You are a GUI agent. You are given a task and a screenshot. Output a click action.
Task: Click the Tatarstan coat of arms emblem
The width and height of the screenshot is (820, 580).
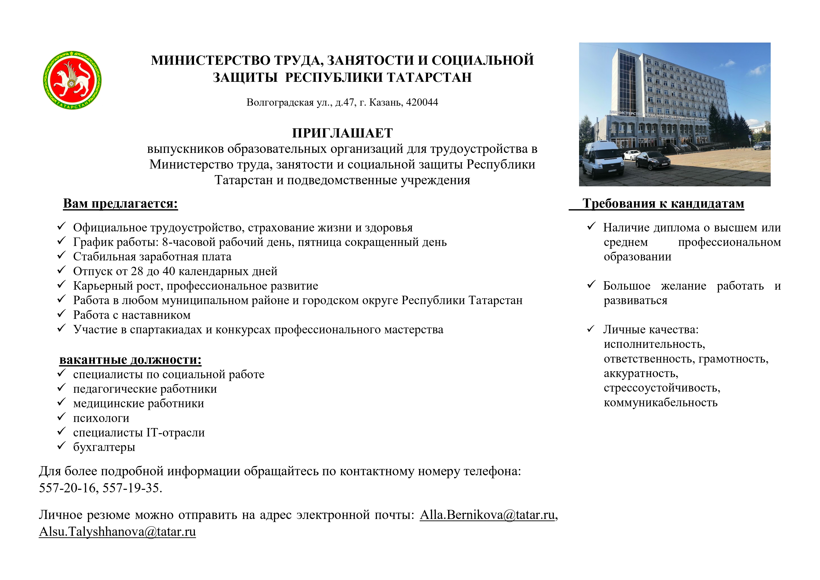(x=72, y=80)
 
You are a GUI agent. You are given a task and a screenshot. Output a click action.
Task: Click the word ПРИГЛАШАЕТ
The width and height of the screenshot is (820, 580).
(x=342, y=133)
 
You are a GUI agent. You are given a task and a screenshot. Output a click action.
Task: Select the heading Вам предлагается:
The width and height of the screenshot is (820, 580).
(x=120, y=203)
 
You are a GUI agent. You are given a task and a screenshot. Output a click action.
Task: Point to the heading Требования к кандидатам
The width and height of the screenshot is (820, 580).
(x=663, y=203)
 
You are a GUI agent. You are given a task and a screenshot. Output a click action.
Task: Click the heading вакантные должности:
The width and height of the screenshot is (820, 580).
(x=130, y=360)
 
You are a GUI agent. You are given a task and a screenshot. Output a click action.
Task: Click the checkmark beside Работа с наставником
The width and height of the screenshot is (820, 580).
(x=61, y=314)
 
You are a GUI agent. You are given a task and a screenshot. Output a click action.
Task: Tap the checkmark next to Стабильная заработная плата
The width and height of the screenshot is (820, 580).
(x=61, y=256)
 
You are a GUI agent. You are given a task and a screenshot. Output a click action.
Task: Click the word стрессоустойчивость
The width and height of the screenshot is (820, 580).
(x=662, y=388)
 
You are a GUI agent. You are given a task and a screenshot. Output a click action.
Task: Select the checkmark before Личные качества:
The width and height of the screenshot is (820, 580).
(x=591, y=329)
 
